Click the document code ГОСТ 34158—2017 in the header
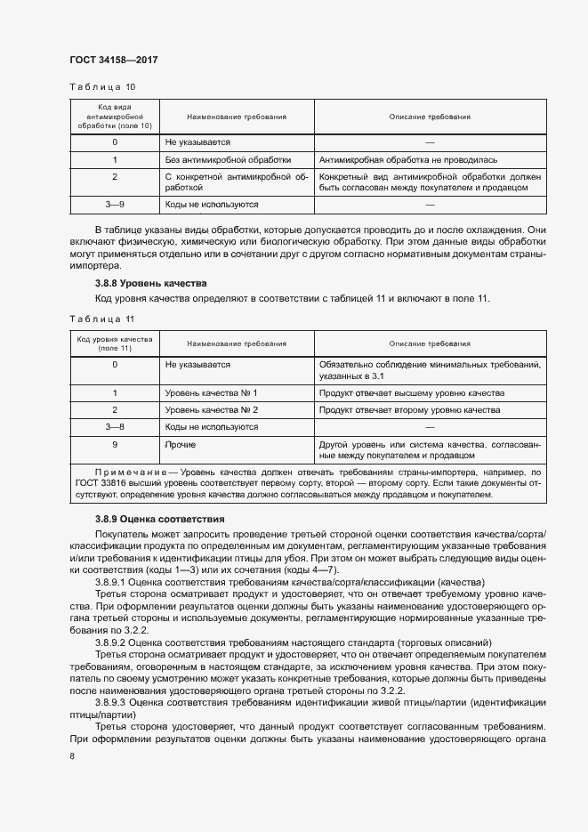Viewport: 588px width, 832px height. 113,61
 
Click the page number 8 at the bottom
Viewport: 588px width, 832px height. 72,756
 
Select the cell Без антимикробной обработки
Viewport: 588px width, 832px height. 228,160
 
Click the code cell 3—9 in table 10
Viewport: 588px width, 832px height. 115,205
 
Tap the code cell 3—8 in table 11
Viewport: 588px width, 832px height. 115,427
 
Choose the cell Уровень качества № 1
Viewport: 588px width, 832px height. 211,392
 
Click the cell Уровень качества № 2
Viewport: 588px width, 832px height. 211,410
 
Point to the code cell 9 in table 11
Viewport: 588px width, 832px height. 115,444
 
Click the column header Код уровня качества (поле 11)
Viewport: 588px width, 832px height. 115,343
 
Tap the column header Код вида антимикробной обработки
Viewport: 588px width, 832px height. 115,117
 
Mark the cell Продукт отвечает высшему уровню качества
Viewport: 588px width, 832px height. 411,392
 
